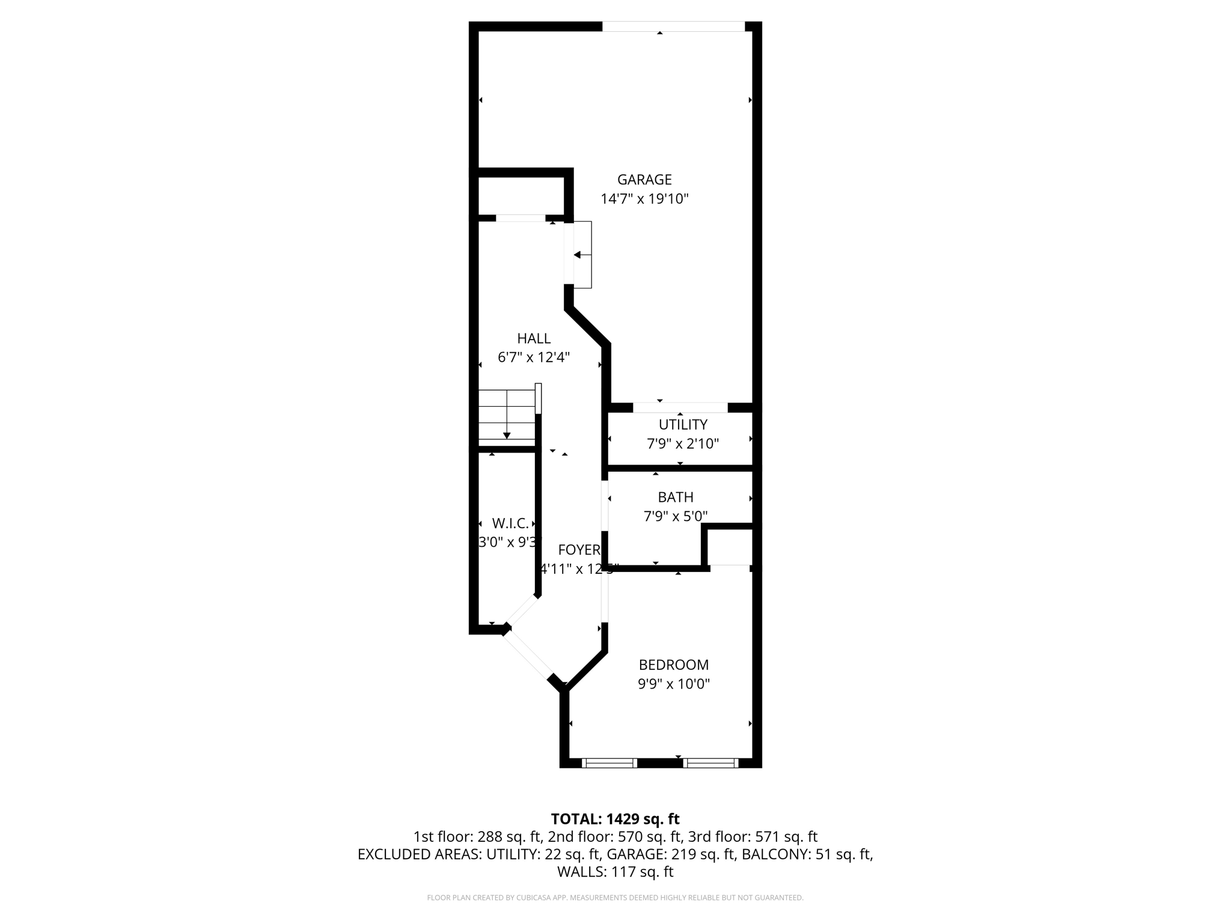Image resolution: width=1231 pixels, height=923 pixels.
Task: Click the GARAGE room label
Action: click(x=644, y=180)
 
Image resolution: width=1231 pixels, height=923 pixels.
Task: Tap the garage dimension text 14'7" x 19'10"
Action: click(x=644, y=199)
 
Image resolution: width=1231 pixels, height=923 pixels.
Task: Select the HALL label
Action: click(x=534, y=338)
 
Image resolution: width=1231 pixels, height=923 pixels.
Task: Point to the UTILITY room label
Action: click(x=683, y=425)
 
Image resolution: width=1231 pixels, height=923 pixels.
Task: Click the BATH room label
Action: click(x=676, y=497)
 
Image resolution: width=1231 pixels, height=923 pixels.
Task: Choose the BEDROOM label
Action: click(x=674, y=665)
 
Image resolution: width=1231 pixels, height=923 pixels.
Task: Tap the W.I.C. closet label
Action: click(x=510, y=523)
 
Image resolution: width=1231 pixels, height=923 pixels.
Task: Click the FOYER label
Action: click(x=579, y=550)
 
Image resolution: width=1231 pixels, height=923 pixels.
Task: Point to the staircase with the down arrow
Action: click(x=507, y=416)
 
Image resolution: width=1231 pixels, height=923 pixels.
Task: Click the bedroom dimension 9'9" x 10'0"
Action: click(x=674, y=684)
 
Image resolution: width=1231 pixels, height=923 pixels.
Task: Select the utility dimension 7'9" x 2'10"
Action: click(x=683, y=444)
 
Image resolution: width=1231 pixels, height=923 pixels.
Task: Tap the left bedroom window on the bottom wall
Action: click(x=609, y=763)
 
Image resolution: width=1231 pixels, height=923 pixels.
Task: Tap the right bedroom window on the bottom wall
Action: click(x=711, y=763)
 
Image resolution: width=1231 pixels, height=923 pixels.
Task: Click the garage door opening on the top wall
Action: click(x=673, y=26)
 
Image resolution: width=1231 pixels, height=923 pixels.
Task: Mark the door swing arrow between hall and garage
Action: click(x=578, y=255)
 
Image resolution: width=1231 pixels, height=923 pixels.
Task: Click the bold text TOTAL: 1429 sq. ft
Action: click(x=615, y=819)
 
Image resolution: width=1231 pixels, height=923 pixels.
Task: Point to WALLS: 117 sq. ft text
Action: click(x=615, y=872)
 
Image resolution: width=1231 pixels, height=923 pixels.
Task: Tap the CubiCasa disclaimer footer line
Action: click(x=615, y=898)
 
